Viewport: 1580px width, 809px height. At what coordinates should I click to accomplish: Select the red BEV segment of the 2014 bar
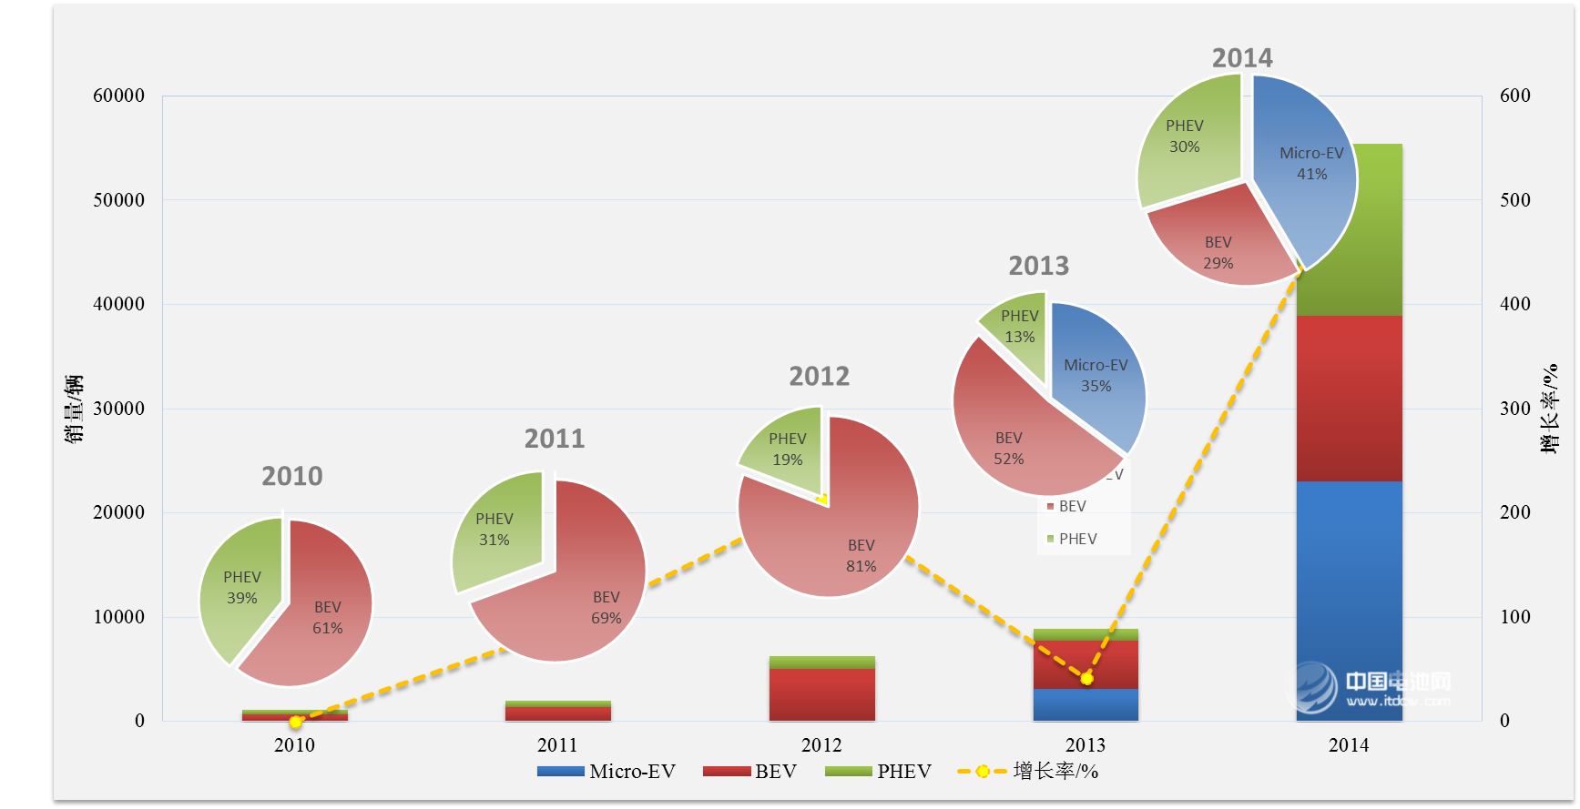pos(1349,398)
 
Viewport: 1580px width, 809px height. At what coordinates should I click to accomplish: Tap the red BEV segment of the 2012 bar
pos(821,694)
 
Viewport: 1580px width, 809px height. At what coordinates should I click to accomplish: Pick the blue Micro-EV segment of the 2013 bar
pos(1086,705)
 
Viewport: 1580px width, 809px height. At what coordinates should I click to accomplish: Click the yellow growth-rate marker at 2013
pos(1086,678)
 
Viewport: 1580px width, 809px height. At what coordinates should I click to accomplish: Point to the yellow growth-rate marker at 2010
pos(295,722)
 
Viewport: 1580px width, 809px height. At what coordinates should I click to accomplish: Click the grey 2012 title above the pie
pos(819,376)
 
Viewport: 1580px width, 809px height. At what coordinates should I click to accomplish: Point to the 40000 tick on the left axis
pos(118,304)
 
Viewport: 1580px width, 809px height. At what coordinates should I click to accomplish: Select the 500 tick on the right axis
pos(1515,200)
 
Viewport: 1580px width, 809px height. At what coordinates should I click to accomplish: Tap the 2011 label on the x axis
pos(557,745)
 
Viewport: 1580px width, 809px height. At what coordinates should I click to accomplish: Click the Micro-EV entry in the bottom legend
pos(607,772)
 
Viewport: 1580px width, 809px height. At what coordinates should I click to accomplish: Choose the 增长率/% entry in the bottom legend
pos(1028,772)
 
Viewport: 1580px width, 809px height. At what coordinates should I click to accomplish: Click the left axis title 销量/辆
pos(74,409)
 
